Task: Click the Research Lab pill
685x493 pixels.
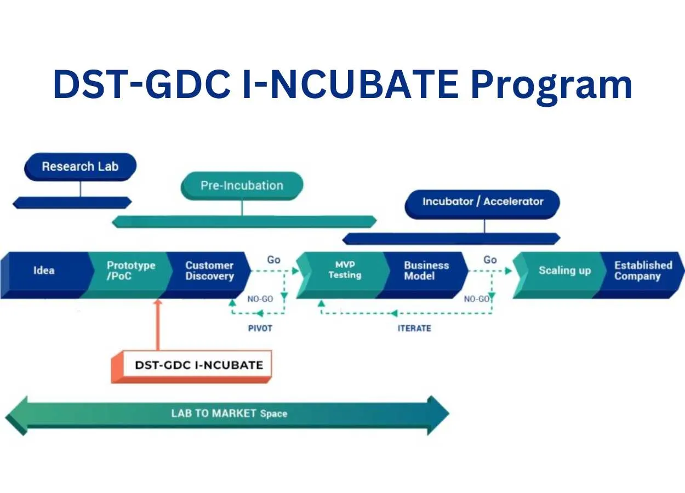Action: click(80, 167)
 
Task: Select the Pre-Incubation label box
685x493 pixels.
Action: click(242, 185)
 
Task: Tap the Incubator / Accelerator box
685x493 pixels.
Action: click(482, 202)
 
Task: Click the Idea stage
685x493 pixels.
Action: click(44, 271)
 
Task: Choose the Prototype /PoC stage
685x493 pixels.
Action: click(130, 271)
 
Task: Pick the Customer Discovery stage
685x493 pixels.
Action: click(209, 271)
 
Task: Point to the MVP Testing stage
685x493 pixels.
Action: click(344, 270)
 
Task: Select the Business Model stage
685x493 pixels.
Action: click(426, 271)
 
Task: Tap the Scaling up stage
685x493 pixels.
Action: click(564, 271)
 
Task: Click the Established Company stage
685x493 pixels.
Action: click(642, 271)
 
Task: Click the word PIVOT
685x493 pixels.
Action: click(260, 329)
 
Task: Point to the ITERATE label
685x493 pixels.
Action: click(414, 329)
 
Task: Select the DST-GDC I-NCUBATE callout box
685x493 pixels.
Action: click(198, 365)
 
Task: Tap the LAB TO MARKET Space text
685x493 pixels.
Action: click(229, 414)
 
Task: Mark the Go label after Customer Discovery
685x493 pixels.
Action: click(273, 260)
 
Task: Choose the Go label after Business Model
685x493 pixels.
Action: click(490, 260)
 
